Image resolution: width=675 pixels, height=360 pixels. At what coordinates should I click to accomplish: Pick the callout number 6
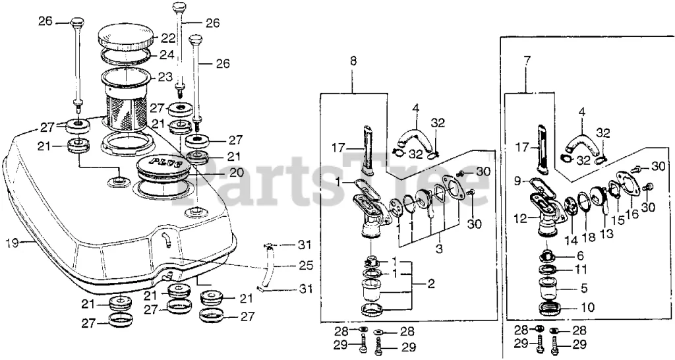pos(580,255)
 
